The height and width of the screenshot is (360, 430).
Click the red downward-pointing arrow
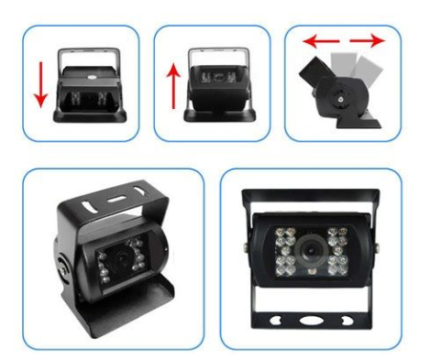pos(40,84)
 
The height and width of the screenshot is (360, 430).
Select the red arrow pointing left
pos(316,42)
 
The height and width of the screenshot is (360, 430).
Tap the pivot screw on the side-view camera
pos(342,95)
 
